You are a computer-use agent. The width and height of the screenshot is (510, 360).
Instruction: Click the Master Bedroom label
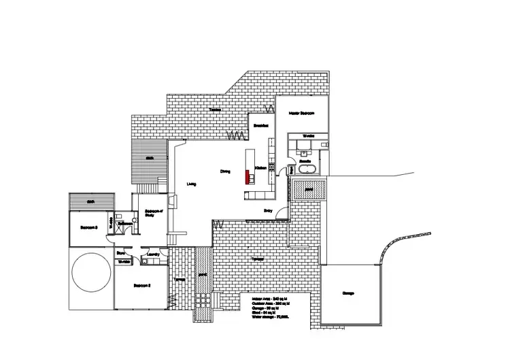coord(300,113)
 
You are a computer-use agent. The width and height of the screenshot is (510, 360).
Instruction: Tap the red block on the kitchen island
coord(248,176)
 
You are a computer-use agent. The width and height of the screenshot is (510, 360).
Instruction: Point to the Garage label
coord(347,293)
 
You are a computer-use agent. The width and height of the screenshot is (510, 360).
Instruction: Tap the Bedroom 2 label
coord(141,285)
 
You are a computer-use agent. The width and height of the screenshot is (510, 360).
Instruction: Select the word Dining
coord(225,171)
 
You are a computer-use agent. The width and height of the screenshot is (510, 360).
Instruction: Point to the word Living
coord(192,183)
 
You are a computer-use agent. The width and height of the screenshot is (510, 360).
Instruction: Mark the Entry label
coord(269,211)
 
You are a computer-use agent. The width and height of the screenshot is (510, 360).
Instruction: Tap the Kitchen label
coord(260,167)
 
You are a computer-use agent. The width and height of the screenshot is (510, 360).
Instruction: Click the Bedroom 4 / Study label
coord(153,213)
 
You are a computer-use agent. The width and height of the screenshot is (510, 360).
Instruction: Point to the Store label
coord(120,252)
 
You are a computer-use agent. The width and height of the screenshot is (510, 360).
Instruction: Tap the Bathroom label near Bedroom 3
coord(124,223)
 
